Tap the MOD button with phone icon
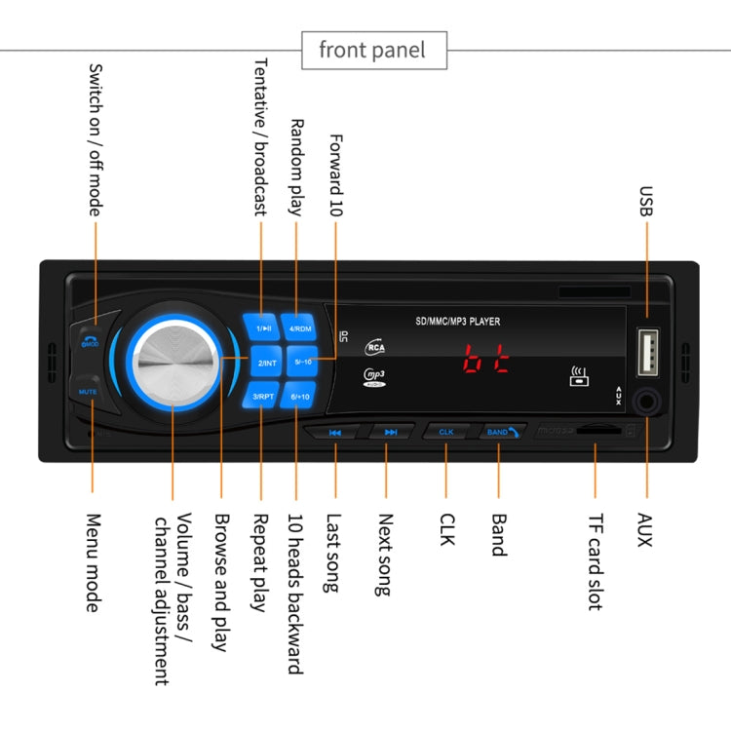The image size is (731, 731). coord(89,338)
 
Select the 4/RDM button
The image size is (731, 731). coord(298,328)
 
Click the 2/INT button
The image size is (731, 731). coord(265,363)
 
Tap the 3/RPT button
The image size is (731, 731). coord(263,397)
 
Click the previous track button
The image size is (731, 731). coord(335,432)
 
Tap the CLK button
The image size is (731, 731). coord(446,431)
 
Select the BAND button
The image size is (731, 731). coord(500,430)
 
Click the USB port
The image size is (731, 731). coord(647,352)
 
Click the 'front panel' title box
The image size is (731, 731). coord(372,50)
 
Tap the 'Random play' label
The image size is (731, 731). coord(298,167)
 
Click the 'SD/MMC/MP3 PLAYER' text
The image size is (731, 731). coord(458,321)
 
